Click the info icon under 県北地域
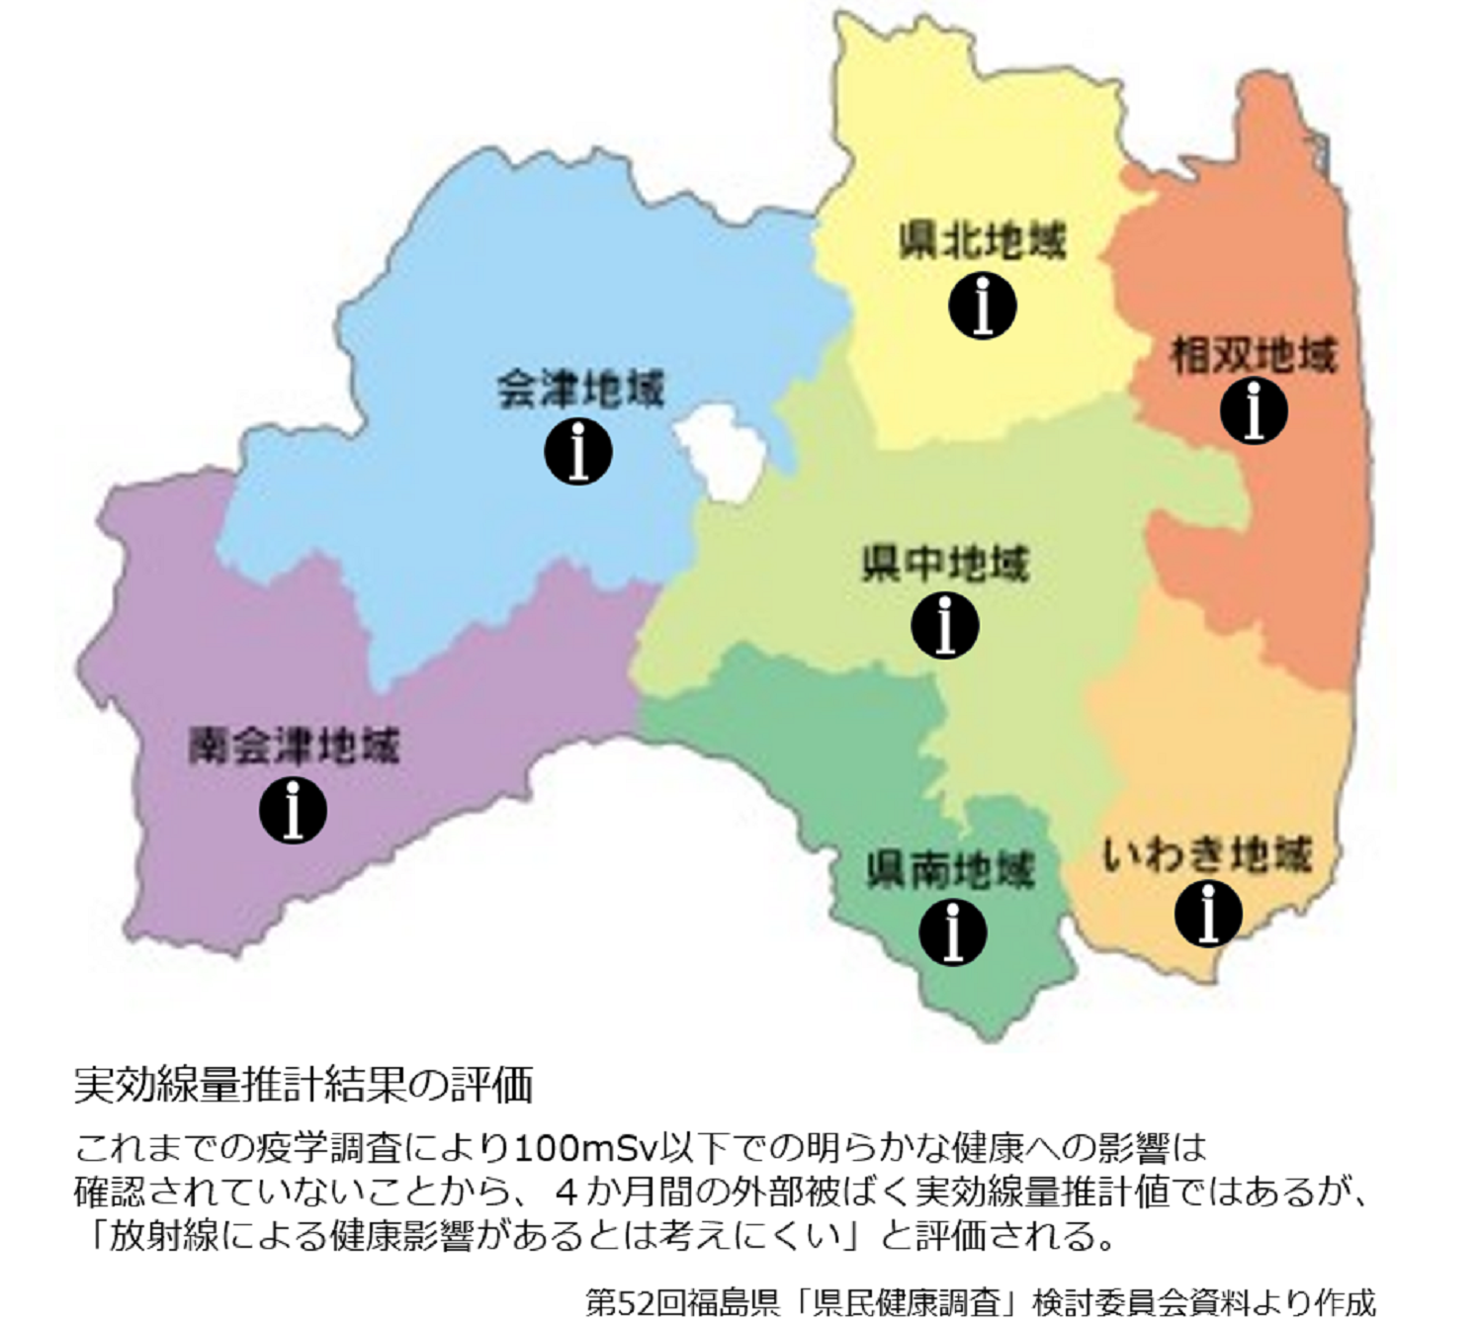pos(983,307)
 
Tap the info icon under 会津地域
pos(578,452)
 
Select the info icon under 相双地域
pos(1254,410)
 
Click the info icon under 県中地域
pos(945,625)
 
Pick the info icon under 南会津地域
pos(293,810)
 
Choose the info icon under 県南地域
pos(952,932)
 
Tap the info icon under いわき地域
pos(1208,913)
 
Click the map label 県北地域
pos(983,241)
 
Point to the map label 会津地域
pos(580,389)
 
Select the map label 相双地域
pos(1254,355)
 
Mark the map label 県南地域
pos(950,870)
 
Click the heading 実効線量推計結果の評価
pos(304,1085)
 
